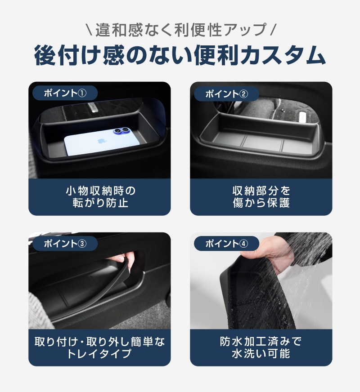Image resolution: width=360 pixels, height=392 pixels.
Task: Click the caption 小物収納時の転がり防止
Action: click(x=100, y=197)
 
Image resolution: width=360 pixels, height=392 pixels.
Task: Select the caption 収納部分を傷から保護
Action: click(x=261, y=197)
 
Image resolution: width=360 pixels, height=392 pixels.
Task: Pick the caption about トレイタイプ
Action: click(x=100, y=347)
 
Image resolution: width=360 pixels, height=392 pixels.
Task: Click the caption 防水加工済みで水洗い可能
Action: click(x=261, y=347)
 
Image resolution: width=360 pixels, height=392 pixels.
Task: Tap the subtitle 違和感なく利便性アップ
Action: click(x=180, y=30)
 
